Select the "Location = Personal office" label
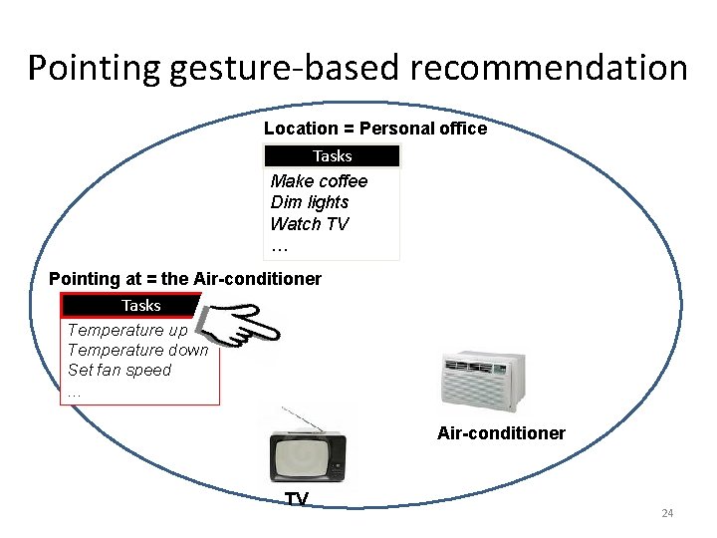(375, 129)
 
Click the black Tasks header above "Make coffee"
(332, 156)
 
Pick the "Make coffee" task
(319, 181)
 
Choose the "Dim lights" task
(310, 202)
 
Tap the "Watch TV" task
(310, 224)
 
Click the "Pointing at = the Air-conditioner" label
(185, 279)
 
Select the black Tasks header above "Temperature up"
(140, 305)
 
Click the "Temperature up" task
(127, 330)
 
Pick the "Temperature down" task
(137, 350)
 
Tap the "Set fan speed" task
(119, 370)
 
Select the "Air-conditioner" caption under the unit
(501, 433)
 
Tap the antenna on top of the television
(304, 419)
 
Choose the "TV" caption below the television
(297, 499)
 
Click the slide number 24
(667, 513)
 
